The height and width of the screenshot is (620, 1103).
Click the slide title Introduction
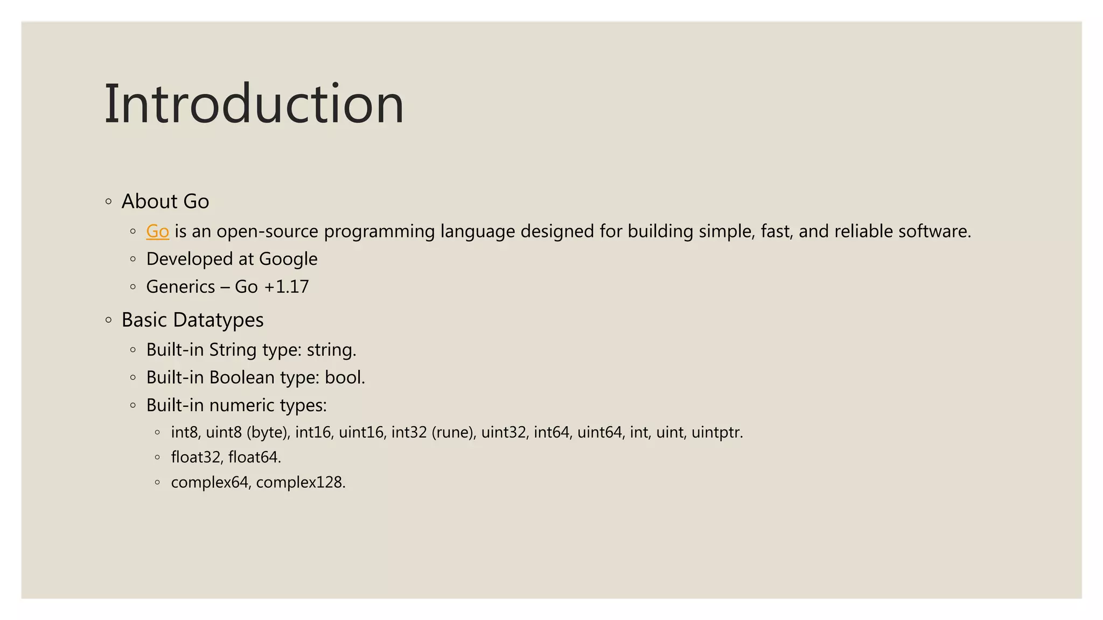pos(254,104)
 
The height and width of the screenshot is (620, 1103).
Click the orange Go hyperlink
pos(157,231)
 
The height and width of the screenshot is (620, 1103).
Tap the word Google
pos(288,259)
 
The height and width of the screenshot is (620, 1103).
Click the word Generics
pos(180,287)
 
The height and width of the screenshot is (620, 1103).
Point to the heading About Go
pos(165,201)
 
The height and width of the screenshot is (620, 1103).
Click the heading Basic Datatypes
pos(192,320)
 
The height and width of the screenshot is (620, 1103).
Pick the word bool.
pos(345,378)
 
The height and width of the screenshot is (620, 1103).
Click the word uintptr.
pos(717,433)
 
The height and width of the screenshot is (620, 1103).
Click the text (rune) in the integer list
pos(453,433)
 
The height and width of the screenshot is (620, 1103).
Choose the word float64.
pos(254,457)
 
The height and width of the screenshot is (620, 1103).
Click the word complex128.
pos(301,482)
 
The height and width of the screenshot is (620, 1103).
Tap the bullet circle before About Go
pos(109,202)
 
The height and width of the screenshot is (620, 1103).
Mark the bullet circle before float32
pos(157,457)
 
